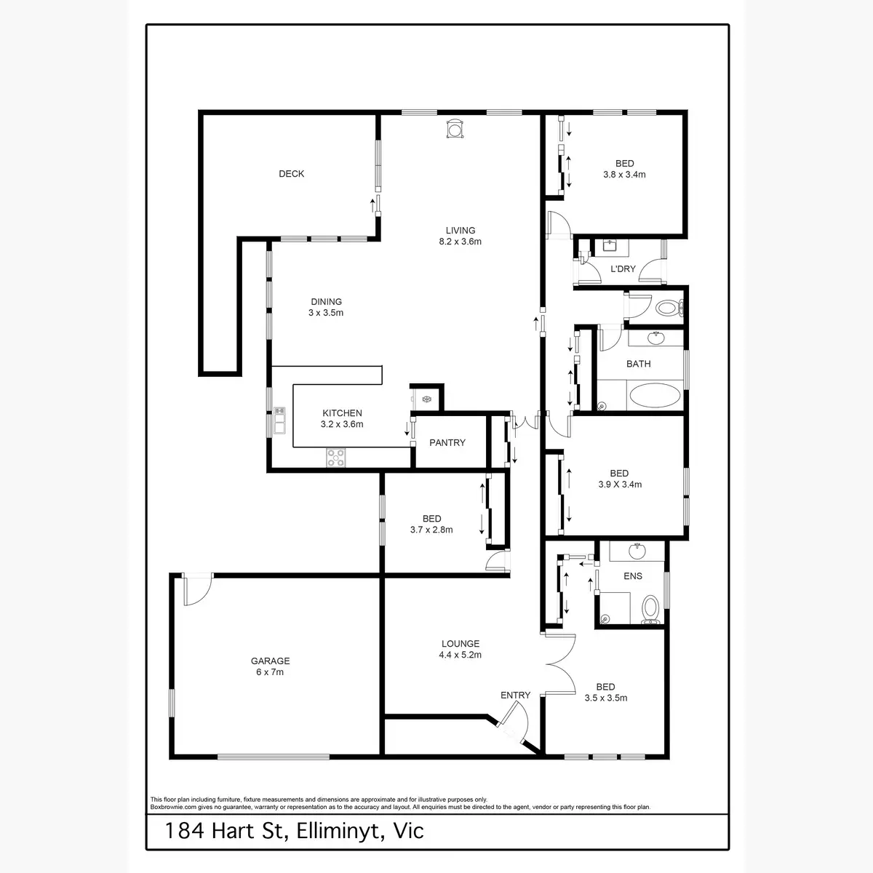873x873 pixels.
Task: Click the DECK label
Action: pyautogui.click(x=291, y=174)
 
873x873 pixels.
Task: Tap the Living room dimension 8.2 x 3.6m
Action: pyautogui.click(x=460, y=242)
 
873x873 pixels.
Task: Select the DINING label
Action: pyautogui.click(x=326, y=302)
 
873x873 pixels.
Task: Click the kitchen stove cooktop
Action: pyautogui.click(x=335, y=458)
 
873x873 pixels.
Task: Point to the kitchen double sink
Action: pyautogui.click(x=279, y=420)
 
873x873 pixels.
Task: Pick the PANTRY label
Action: pyautogui.click(x=447, y=443)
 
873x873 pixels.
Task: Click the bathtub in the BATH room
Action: pyautogui.click(x=655, y=396)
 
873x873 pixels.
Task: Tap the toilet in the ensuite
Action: pyautogui.click(x=650, y=610)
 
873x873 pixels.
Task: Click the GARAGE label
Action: pyautogui.click(x=271, y=661)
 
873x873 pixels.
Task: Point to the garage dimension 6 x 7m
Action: pyautogui.click(x=270, y=672)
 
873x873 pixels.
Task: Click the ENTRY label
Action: pyautogui.click(x=515, y=695)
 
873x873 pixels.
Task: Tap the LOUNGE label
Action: pyautogui.click(x=461, y=644)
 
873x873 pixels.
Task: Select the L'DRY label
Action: pyautogui.click(x=623, y=269)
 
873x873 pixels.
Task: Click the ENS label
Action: pyautogui.click(x=632, y=576)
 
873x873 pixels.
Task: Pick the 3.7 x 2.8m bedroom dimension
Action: pyautogui.click(x=431, y=530)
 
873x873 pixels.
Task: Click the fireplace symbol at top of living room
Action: pyautogui.click(x=455, y=129)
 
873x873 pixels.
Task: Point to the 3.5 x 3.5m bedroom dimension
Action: pyautogui.click(x=606, y=698)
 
